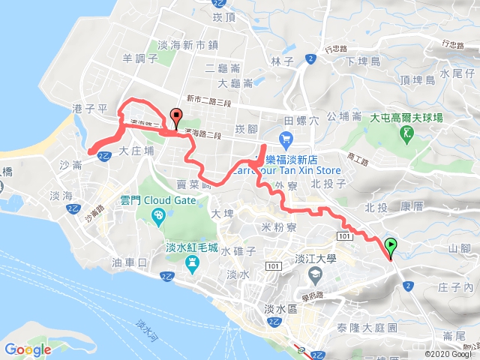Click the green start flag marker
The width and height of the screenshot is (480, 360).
391,246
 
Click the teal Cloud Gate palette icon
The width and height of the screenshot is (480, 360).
157,217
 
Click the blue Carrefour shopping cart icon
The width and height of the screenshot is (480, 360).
286,139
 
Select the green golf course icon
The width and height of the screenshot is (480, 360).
408,134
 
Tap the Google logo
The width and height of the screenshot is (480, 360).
28,349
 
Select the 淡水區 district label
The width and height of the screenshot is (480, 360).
281,308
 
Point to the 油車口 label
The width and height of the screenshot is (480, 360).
128,262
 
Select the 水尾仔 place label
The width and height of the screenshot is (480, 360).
457,73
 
